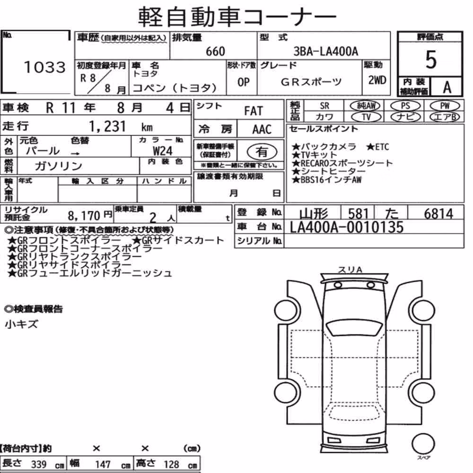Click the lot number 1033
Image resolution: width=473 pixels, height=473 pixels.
[x=44, y=67]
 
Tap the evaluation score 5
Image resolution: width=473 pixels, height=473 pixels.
[x=431, y=60]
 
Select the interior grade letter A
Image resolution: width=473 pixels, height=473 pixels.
[x=447, y=87]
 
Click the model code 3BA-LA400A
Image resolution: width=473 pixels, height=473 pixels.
[x=326, y=51]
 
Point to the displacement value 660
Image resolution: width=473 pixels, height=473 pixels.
[x=215, y=51]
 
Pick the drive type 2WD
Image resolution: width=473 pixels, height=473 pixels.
[x=377, y=80]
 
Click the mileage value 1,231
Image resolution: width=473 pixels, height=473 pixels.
[x=107, y=126]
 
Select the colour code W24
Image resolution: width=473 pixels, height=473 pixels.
[x=163, y=150]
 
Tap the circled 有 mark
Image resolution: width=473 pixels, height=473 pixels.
[x=262, y=152]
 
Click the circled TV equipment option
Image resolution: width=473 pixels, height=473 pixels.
[x=366, y=117]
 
